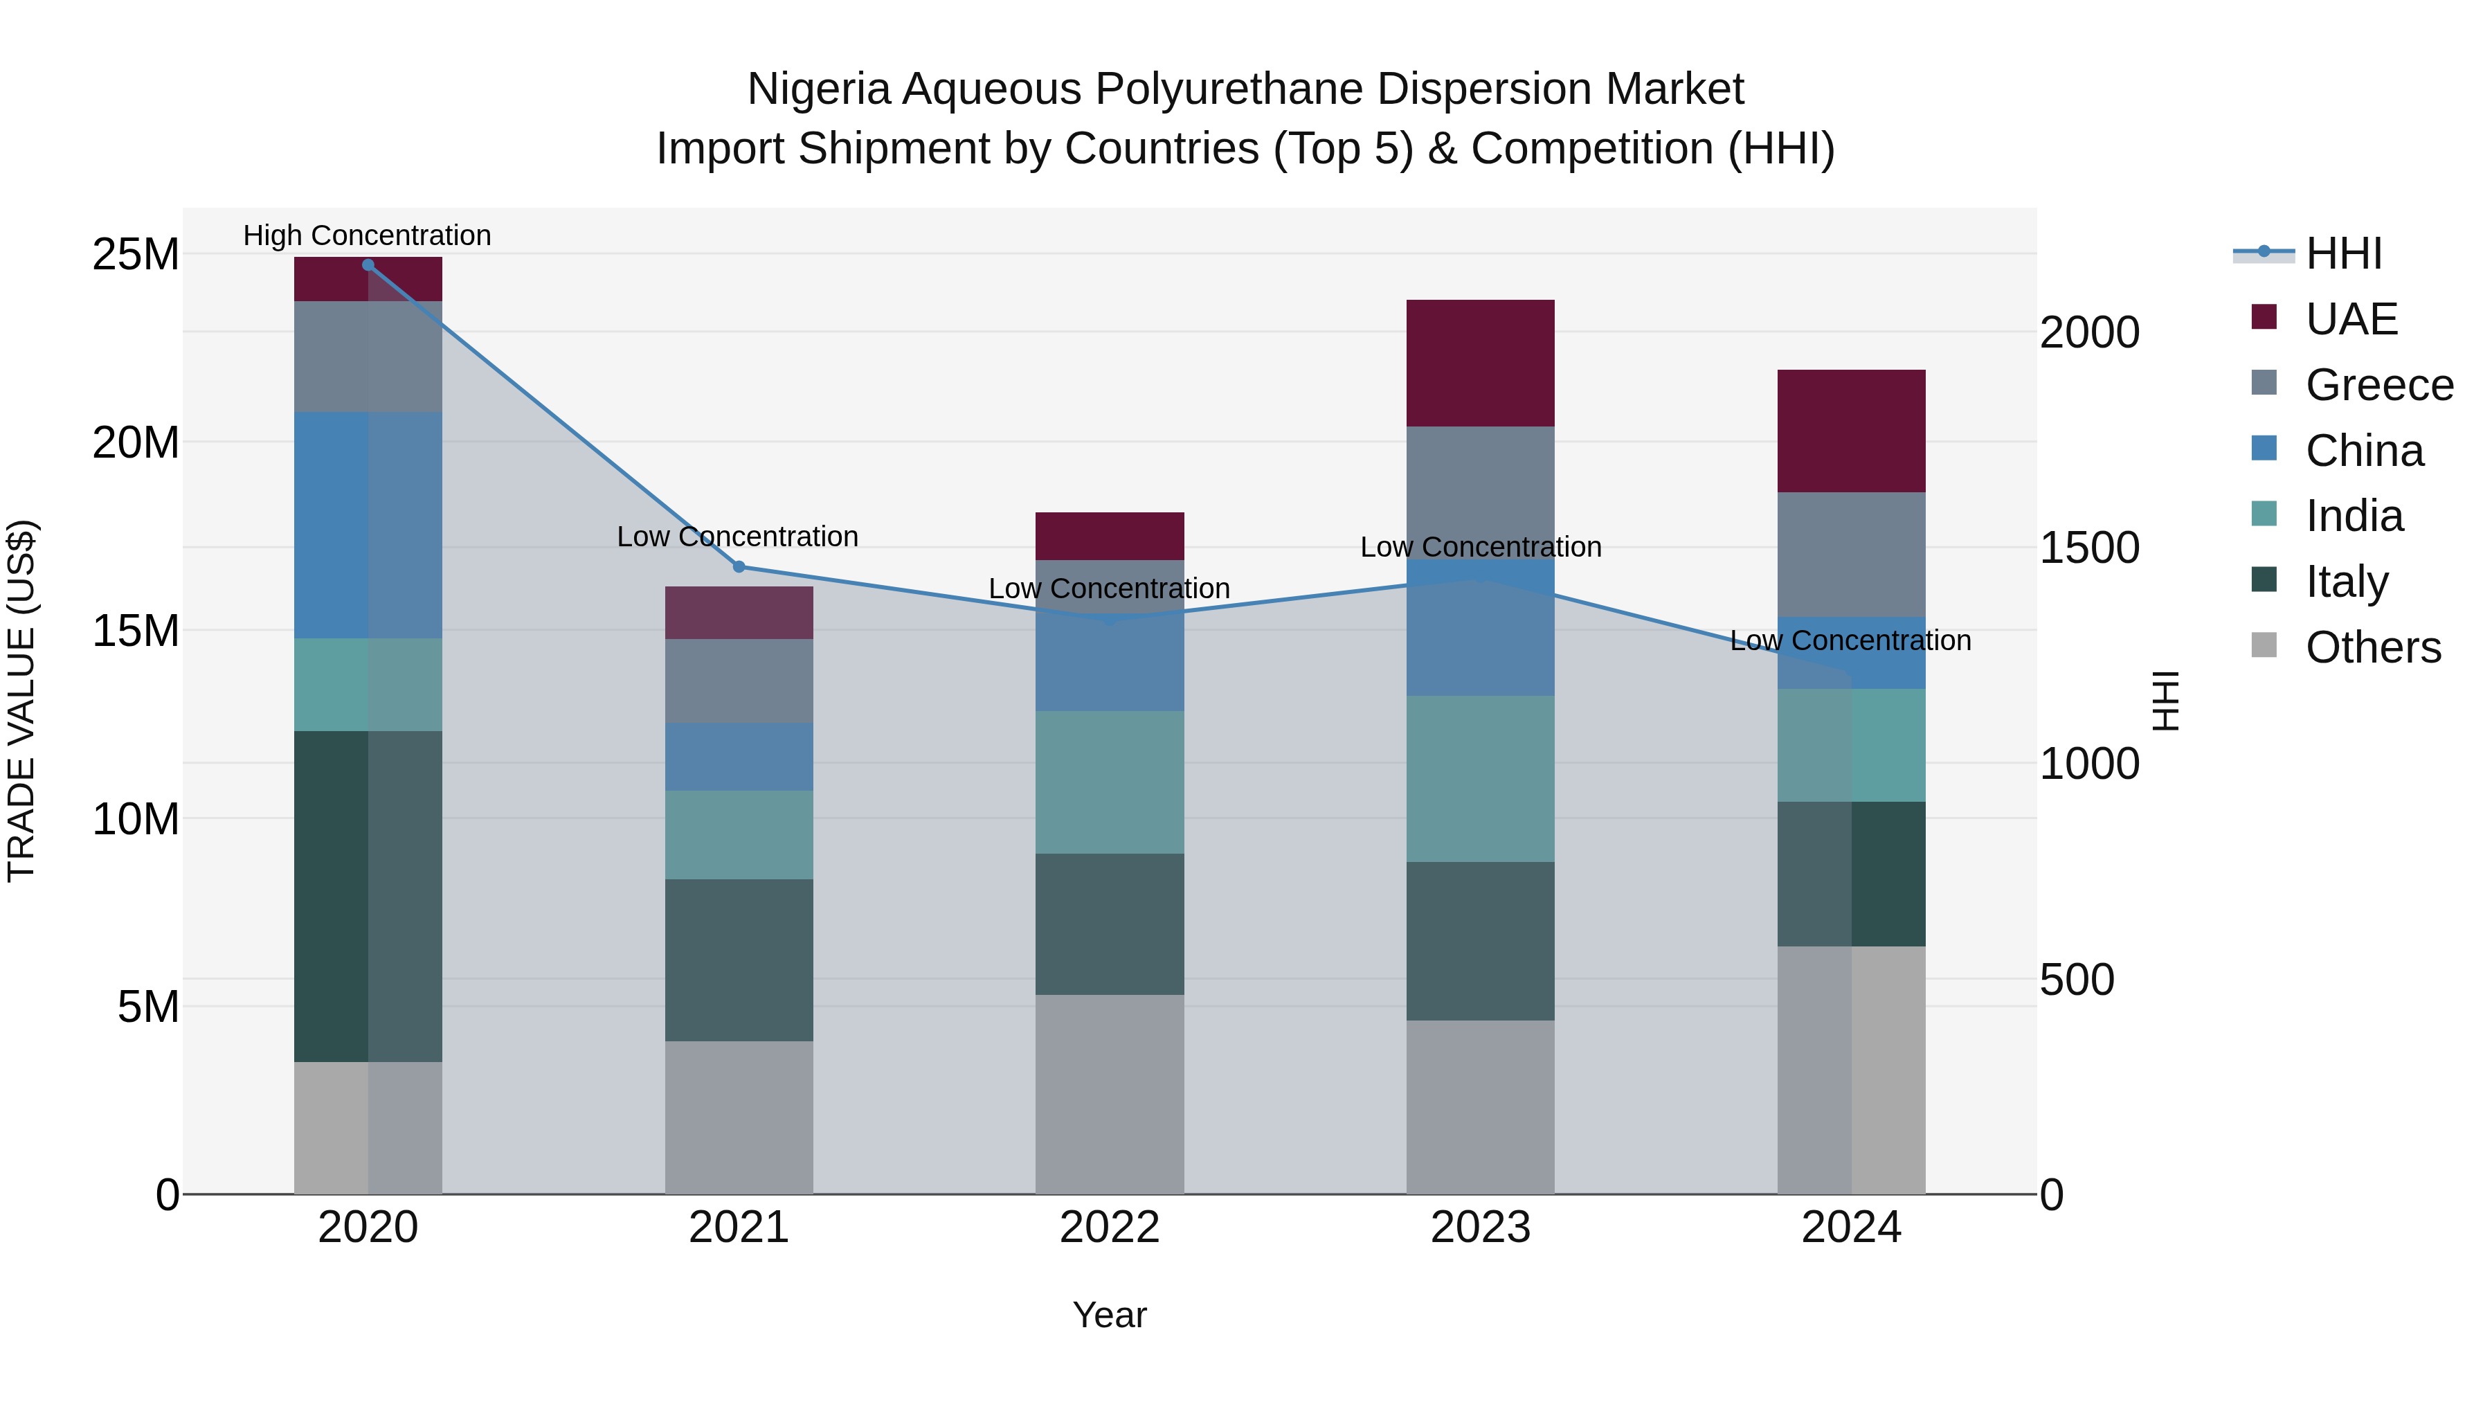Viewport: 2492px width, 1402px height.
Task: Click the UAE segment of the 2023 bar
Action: pos(1480,363)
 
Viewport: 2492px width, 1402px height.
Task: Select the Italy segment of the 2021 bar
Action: pos(739,960)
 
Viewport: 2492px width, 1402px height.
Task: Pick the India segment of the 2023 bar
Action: pos(1480,779)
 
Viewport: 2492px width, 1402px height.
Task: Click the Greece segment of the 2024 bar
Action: pos(1850,555)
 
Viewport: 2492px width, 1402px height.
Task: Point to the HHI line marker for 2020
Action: pos(368,265)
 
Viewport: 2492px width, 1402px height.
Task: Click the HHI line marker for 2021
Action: pos(739,567)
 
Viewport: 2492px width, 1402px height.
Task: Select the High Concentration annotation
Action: pos(368,235)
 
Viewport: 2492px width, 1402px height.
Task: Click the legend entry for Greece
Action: pos(2378,385)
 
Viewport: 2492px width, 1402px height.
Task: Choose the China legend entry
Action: pos(2365,451)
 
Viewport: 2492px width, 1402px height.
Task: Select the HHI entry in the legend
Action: pos(2343,253)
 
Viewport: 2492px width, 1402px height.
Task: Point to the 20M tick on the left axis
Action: pos(136,443)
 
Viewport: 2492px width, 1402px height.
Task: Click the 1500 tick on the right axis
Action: pos(2090,548)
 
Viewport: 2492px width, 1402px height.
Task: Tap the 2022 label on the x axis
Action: pos(1110,1228)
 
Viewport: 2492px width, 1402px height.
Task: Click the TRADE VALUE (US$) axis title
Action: pos(21,701)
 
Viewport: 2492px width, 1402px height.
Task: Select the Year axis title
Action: pos(1110,1315)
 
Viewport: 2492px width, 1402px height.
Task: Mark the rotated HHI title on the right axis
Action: pos(2165,701)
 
